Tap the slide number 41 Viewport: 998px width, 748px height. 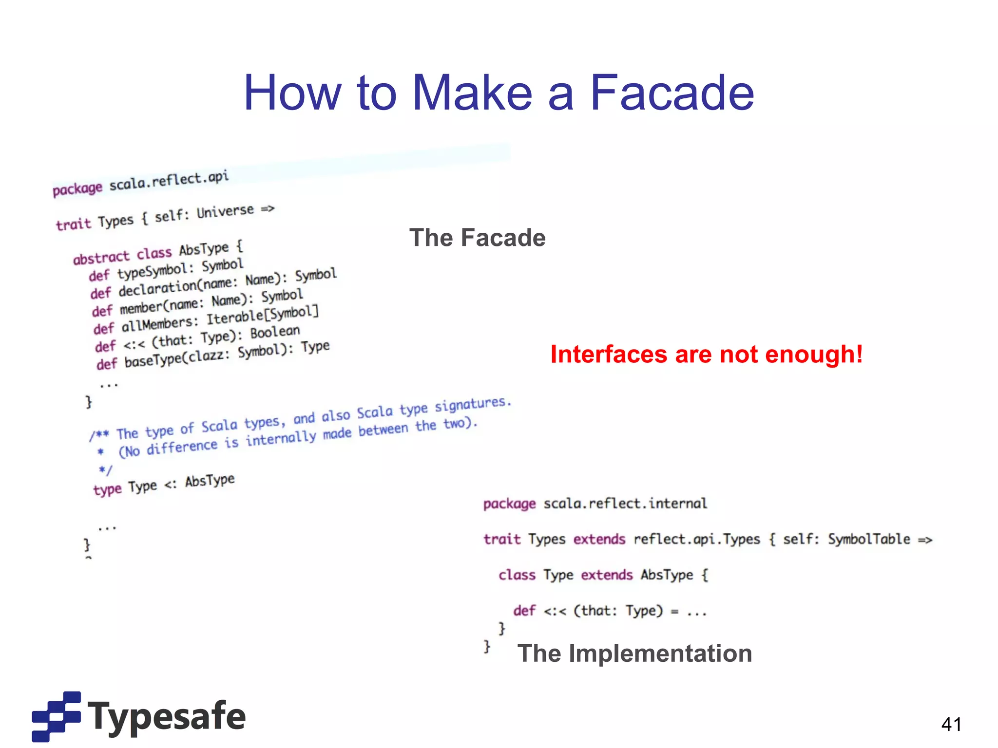coord(951,724)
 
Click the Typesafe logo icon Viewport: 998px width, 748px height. coord(56,716)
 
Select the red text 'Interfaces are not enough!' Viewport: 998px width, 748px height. coord(706,354)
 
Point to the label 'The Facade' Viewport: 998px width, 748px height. coord(477,238)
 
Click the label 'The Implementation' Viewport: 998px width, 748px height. coord(634,653)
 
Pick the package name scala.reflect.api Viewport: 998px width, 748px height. coord(169,181)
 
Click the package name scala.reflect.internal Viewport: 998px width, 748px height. coord(625,503)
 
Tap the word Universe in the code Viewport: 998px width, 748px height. coord(225,212)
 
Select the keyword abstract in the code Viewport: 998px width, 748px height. coord(101,257)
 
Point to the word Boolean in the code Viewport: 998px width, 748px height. coord(275,333)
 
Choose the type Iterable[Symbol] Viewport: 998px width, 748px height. coord(262,315)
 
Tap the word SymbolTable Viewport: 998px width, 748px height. coord(869,539)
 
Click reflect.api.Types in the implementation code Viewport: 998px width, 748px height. coord(696,539)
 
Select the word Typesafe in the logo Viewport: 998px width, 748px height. coord(167,716)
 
